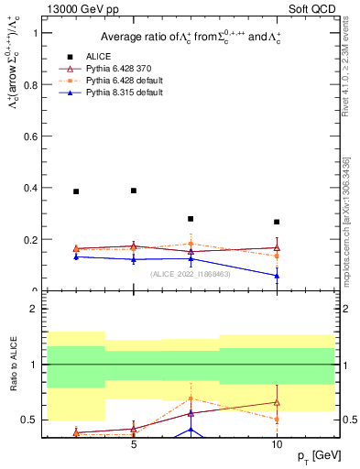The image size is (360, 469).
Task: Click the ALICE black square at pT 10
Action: [277, 222]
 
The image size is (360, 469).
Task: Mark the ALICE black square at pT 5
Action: [134, 191]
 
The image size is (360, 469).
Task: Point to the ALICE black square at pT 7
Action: [191, 219]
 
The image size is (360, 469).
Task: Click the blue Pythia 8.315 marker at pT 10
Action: [277, 275]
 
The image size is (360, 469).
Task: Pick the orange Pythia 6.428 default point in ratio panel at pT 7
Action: [191, 398]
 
